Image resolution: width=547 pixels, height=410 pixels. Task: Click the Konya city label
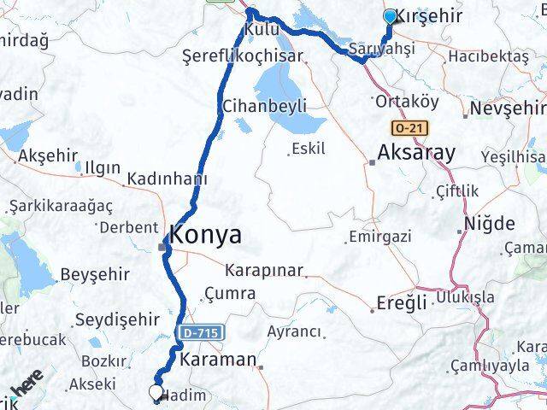click(205, 235)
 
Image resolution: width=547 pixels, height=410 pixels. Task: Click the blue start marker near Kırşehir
click(391, 16)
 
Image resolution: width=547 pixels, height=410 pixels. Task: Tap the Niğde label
click(489, 224)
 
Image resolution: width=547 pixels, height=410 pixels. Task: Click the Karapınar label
click(264, 270)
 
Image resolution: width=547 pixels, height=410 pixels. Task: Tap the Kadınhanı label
click(167, 179)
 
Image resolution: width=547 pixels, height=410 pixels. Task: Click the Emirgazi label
click(380, 235)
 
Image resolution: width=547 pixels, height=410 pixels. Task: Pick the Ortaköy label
click(408, 101)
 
